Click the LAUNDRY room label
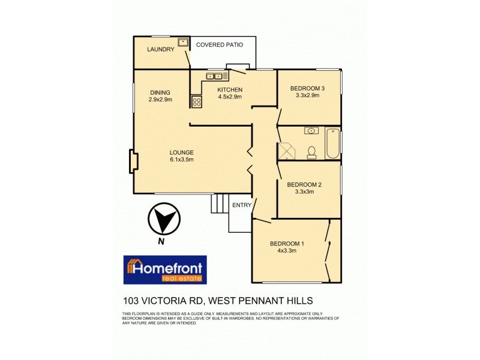click(x=160, y=49)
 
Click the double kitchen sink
click(x=214, y=76)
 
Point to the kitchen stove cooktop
click(x=196, y=101)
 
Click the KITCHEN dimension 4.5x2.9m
click(x=230, y=97)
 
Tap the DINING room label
click(x=160, y=92)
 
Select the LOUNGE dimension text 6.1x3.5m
click(x=181, y=160)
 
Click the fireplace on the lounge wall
click(x=133, y=161)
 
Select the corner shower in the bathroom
click(x=286, y=151)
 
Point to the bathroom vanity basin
click(x=311, y=130)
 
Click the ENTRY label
click(x=241, y=205)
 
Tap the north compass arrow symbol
click(x=163, y=219)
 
